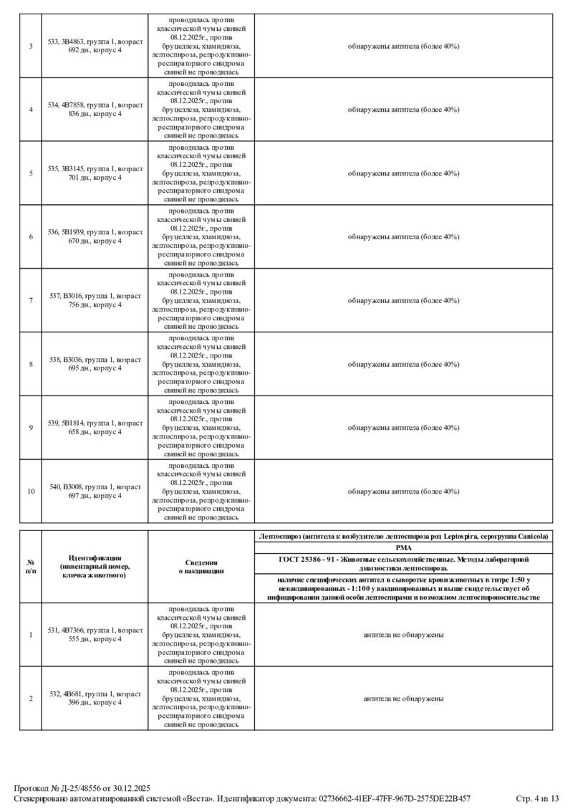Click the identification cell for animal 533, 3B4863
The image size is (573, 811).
tap(95, 46)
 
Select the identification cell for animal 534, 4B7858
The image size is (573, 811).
tap(95, 110)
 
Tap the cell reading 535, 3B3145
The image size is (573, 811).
tap(95, 173)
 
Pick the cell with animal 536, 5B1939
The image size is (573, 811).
tap(95, 236)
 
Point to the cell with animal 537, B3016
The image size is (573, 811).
tap(95, 300)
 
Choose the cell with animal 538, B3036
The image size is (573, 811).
tap(95, 364)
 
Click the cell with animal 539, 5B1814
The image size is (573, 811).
tap(95, 428)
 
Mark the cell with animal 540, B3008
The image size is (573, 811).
tap(95, 491)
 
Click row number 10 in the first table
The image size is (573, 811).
tap(31, 491)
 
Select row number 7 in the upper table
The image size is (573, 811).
tap(31, 300)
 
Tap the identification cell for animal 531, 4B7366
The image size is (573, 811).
tap(95, 635)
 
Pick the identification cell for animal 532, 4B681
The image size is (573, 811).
tap(95, 699)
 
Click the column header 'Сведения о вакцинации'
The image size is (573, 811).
tap(201, 567)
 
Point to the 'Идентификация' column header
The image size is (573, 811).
tap(95, 567)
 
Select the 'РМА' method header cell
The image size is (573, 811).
tap(403, 547)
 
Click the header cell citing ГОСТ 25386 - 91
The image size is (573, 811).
tap(403, 562)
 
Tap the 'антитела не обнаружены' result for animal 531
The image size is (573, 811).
tap(403, 635)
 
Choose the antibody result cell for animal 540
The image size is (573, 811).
tap(403, 491)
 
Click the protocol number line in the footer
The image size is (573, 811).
tap(82, 788)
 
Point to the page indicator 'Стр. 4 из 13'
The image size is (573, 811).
tap(536, 798)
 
